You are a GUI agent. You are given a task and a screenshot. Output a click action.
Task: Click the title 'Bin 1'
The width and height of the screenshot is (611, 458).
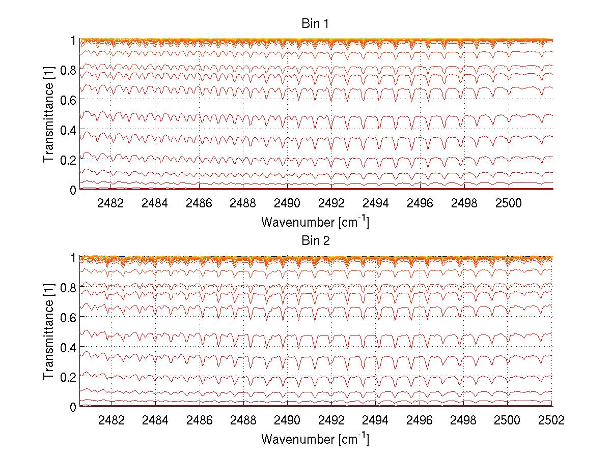tap(315, 24)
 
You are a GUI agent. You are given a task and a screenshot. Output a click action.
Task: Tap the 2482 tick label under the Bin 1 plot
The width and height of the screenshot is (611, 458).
tap(110, 203)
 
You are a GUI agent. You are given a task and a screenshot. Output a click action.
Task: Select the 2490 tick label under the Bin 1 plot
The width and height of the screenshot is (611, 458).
tap(287, 203)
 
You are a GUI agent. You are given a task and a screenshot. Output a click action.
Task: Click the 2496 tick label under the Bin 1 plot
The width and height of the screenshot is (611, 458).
tap(420, 203)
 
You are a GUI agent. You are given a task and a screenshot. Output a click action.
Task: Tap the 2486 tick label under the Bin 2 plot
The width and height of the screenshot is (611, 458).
tap(199, 420)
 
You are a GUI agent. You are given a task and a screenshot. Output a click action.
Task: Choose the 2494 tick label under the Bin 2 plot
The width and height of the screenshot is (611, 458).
tap(375, 420)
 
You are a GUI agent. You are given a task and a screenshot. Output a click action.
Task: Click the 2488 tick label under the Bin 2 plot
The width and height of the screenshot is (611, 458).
tap(243, 420)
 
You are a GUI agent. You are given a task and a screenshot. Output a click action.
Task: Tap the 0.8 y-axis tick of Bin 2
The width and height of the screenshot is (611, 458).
tap(65, 288)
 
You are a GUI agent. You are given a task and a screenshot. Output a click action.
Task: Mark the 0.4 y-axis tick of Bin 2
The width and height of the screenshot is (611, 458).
tap(65, 347)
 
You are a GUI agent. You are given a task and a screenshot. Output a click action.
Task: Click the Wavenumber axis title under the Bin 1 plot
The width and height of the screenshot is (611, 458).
tap(315, 222)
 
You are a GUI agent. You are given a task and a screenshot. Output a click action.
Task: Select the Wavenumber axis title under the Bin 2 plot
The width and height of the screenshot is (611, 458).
tap(315, 439)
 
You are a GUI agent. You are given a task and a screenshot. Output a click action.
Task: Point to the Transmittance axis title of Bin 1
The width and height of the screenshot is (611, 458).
tap(49, 115)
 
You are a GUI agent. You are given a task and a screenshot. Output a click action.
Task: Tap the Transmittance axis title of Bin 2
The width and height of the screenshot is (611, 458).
tap(49, 332)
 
